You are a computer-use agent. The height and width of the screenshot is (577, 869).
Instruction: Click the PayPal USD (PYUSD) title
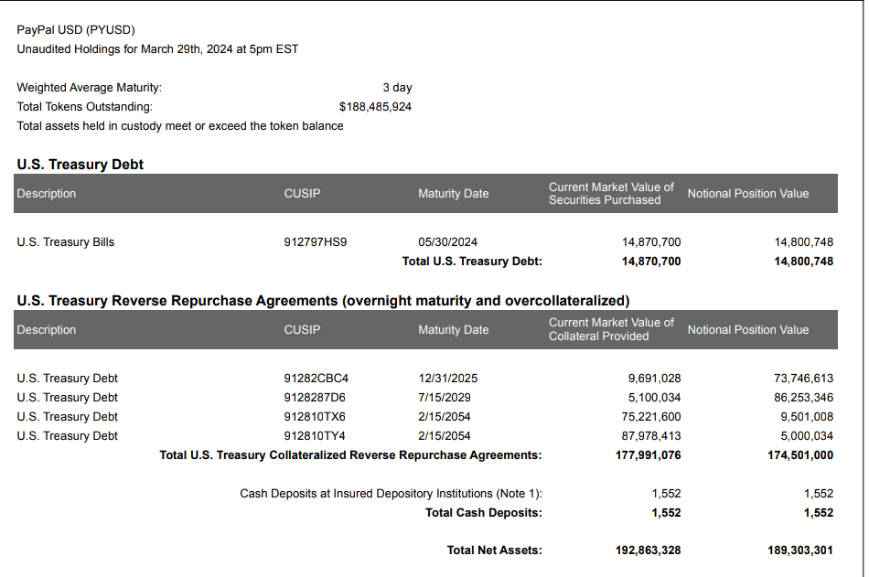[75, 30]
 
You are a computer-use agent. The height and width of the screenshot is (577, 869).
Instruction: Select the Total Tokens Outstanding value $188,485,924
[375, 107]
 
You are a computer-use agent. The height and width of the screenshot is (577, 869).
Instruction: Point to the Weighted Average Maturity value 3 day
[397, 88]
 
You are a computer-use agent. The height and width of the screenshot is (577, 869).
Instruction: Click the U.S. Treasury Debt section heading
[80, 165]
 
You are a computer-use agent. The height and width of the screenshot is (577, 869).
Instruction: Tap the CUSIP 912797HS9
[316, 242]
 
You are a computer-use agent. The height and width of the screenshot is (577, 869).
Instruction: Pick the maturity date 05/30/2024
[447, 242]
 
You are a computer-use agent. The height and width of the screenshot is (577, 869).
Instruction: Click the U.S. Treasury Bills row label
[66, 242]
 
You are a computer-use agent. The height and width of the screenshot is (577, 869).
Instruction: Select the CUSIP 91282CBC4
[316, 379]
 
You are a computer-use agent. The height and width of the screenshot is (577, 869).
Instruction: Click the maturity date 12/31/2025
[447, 379]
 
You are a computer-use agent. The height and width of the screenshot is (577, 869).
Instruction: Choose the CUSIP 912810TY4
[315, 436]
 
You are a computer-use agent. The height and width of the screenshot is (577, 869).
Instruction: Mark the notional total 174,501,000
[800, 455]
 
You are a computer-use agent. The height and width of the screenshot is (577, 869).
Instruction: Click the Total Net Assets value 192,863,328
[648, 550]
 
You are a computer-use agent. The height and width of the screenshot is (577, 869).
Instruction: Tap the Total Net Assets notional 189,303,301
[800, 550]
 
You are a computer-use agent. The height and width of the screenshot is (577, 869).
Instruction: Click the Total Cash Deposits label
[483, 513]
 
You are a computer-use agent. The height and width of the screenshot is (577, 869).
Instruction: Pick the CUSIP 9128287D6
[315, 398]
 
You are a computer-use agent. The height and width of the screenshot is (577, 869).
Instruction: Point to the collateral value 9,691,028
[654, 379]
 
